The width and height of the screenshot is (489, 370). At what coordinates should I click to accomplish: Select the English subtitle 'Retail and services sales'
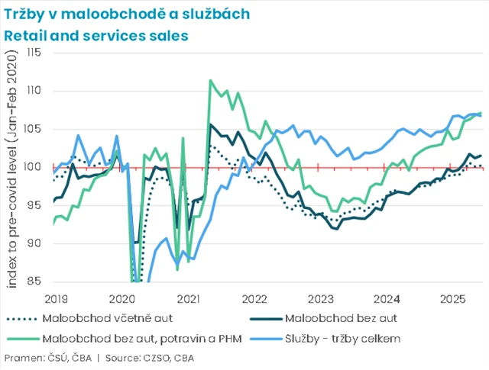[x=96, y=35]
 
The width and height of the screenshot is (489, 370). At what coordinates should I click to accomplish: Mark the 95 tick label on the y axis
[x=35, y=205]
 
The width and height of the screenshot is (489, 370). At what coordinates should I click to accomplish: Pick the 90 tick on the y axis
[x=35, y=243]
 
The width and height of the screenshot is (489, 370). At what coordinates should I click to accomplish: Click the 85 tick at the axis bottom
[x=35, y=282]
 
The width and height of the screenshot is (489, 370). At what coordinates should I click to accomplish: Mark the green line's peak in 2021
[x=210, y=80]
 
